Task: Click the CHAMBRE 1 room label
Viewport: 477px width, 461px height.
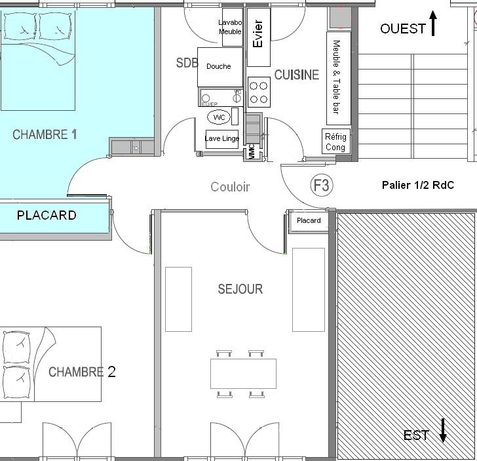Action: point(45,134)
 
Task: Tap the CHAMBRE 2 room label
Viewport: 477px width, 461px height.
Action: point(82,372)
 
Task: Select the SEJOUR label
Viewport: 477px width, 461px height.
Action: point(240,289)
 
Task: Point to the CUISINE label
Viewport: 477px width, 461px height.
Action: point(296,75)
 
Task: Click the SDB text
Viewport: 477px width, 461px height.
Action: point(187,63)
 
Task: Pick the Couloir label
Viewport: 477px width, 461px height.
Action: point(230,187)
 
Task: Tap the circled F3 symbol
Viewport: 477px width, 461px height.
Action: point(321,186)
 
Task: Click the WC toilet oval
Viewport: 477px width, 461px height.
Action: point(219,117)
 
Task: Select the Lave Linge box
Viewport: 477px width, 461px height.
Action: point(221,138)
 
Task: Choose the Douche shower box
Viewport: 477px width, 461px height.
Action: point(219,67)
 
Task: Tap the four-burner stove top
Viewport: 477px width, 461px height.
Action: point(259,92)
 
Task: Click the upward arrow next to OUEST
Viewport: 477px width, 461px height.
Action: point(433,23)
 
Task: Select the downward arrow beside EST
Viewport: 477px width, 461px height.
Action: point(443,430)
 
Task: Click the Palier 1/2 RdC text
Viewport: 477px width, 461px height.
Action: point(417,186)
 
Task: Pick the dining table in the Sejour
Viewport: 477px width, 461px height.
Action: point(243,373)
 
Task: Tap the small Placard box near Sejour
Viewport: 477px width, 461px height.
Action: point(309,221)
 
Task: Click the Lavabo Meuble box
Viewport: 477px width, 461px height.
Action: point(231,27)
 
